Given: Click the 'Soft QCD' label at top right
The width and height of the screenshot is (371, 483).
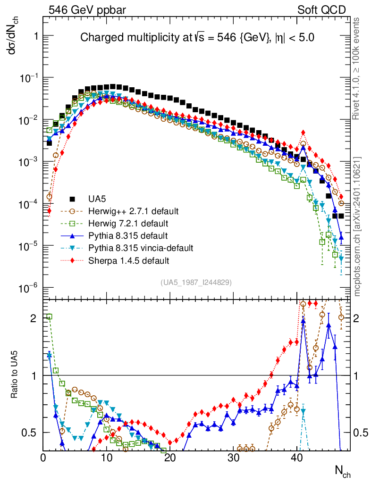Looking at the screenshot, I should point(321,9).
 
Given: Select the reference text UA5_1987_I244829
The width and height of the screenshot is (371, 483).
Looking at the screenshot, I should point(196,282).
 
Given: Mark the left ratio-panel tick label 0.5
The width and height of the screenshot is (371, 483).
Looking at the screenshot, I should point(30,433).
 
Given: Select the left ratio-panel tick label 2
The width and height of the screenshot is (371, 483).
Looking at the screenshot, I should point(34,318).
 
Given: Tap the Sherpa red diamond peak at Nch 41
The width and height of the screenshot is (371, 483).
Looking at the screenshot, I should point(303,133).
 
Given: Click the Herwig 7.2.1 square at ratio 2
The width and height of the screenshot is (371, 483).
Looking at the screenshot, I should point(49,316).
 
